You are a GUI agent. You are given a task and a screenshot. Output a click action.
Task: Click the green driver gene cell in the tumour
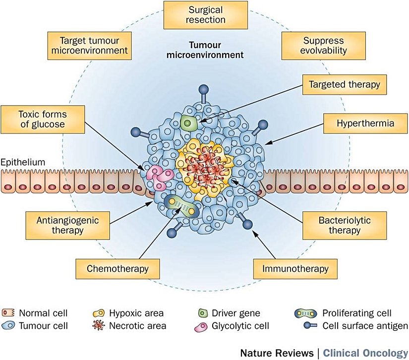pyautogui.click(x=188, y=123)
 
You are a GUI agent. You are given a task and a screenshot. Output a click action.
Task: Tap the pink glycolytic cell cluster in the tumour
pyautogui.click(x=159, y=177)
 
